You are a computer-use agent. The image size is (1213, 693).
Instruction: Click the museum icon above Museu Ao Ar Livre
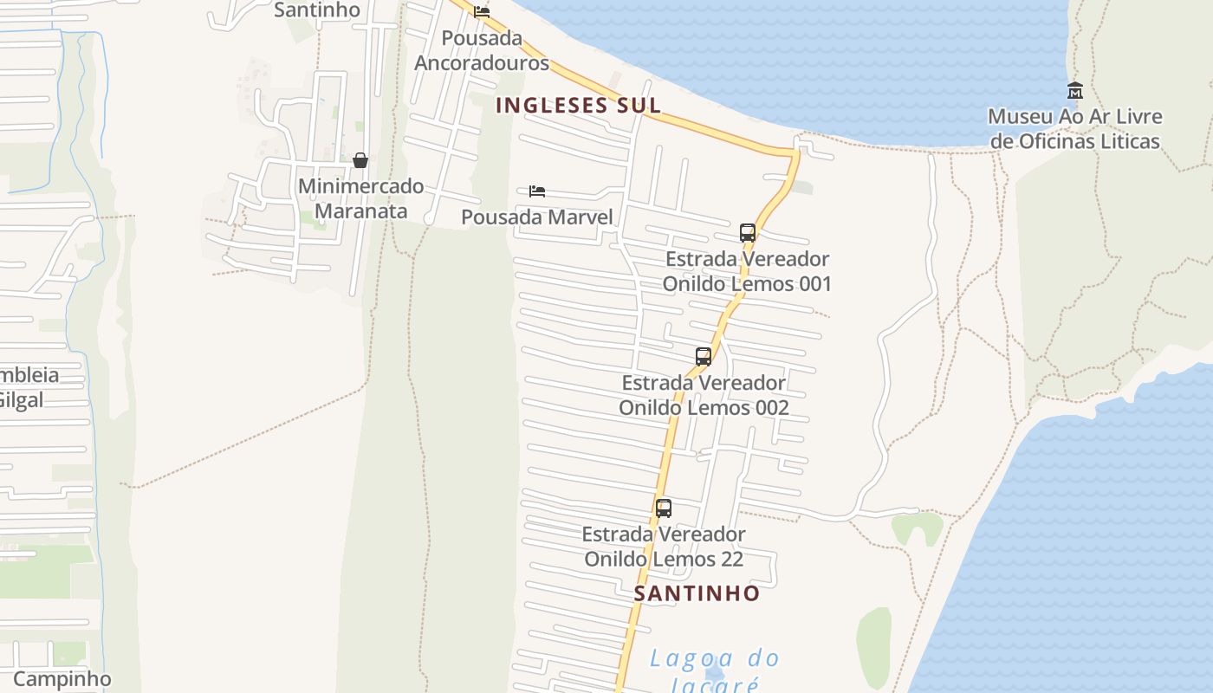pos(1075,90)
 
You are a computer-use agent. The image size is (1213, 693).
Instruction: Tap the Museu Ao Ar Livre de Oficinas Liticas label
pos(1074,129)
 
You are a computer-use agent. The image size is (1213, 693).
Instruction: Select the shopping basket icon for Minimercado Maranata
pos(360,160)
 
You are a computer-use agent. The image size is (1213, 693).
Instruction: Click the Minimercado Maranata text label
pos(360,198)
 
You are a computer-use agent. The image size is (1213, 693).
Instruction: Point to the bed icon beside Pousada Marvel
pos(537,191)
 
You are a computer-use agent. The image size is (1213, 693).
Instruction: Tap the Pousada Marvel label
pos(536,217)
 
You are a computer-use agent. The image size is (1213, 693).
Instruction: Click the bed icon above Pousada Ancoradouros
pos(482,11)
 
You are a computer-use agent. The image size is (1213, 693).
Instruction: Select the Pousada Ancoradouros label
pos(482,50)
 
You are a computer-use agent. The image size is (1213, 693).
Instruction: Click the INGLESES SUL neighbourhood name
pos(578,106)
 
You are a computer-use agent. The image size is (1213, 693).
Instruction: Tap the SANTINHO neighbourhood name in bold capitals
pos(697,593)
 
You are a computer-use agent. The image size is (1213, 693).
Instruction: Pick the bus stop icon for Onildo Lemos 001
pos(748,232)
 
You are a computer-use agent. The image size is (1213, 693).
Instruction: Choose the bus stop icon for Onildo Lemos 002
pos(704,356)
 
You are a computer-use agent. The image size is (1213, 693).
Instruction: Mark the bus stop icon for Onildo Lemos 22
pos(664,508)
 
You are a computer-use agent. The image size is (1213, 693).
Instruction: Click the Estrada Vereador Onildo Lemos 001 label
pos(747,271)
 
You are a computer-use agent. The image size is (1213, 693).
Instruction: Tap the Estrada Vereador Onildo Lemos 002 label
pos(704,395)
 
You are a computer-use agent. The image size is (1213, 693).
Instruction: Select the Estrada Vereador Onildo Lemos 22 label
pos(664,547)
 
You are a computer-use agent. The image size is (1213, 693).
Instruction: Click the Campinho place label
pos(62,678)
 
